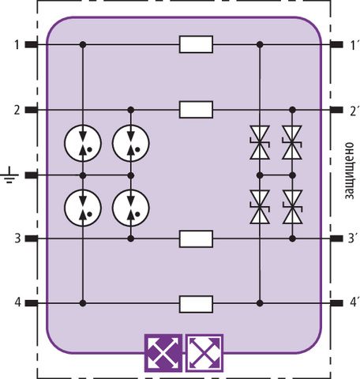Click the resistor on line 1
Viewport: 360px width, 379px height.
[196, 44]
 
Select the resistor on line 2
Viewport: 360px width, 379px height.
[196, 110]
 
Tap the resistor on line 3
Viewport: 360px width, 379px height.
[196, 238]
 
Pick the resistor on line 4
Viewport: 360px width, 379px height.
[196, 304]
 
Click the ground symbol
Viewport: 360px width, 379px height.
[9, 174]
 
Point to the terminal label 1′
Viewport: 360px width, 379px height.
[353, 45]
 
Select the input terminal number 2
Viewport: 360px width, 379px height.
[17, 110]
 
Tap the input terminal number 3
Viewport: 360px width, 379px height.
[17, 238]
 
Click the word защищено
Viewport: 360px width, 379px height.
[350, 171]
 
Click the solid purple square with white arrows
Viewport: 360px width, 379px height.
[163, 353]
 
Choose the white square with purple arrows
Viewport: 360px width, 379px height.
[204, 353]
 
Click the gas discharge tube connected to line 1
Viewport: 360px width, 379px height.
[83, 143]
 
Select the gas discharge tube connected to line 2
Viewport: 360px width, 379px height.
[131, 143]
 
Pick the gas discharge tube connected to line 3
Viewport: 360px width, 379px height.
[131, 208]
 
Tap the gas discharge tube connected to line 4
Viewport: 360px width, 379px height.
[83, 208]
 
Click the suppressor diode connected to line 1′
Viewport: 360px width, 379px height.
[260, 142]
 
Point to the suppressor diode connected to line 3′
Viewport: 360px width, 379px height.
[292, 207]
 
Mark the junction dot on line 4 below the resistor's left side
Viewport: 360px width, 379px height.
[83, 303]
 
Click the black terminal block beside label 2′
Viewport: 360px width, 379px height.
[336, 110]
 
